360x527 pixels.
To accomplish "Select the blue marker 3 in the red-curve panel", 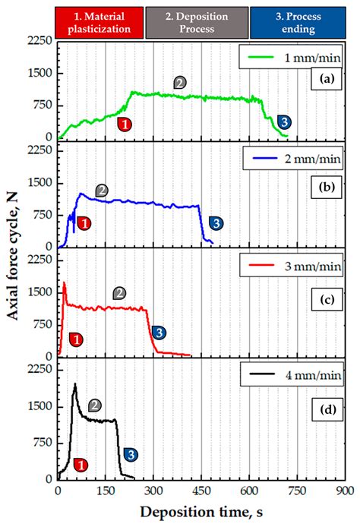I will click(x=159, y=333).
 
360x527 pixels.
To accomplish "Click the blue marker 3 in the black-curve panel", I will click(x=130, y=454).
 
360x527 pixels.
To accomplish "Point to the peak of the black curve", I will click(x=74, y=384).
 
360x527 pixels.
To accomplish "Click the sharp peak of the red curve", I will click(x=64, y=282).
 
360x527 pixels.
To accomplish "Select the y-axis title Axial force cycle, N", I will click(x=14, y=266).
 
